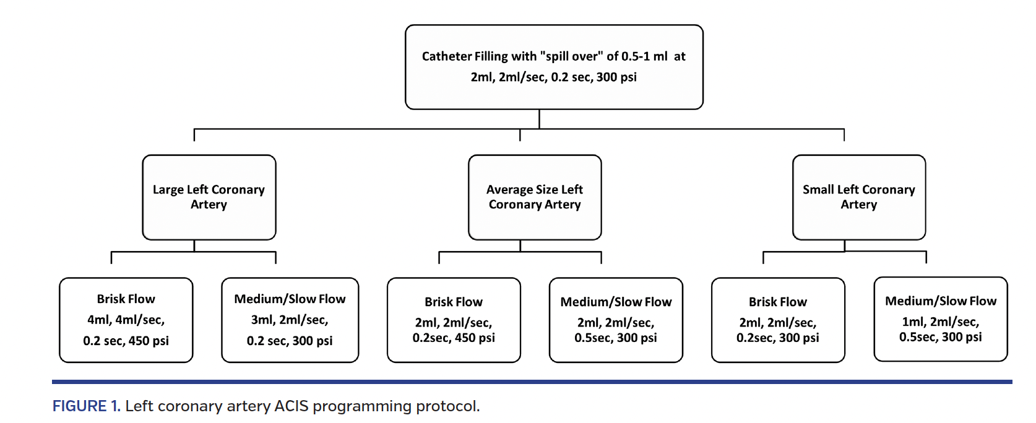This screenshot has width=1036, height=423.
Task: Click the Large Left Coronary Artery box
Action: [x=209, y=197]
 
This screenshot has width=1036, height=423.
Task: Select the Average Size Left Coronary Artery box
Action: [x=535, y=197]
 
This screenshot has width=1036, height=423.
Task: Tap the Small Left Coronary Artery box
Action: [x=858, y=197]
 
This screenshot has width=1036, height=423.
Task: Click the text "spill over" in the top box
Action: [x=571, y=56]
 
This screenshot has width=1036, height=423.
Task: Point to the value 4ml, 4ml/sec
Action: [x=126, y=320]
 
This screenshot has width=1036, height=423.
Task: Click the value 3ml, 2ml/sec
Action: [x=290, y=320]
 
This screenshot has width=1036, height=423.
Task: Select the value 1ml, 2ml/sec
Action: [x=940, y=322]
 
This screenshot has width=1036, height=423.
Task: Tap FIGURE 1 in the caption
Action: [x=86, y=406]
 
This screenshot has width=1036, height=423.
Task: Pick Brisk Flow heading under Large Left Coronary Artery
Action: [x=126, y=299]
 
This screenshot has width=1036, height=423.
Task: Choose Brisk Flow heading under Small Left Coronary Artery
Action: [x=777, y=302]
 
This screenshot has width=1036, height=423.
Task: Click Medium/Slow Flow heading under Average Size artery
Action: [x=616, y=302]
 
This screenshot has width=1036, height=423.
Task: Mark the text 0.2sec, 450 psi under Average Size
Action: [x=454, y=338]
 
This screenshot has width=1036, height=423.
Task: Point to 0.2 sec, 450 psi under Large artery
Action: [x=126, y=341]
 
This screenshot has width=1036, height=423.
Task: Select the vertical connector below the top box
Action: [x=539, y=119]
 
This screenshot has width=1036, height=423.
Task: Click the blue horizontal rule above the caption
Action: [x=532, y=382]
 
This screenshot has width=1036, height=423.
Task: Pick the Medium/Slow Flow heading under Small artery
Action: [x=940, y=301]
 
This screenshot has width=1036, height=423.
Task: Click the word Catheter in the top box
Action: [x=446, y=56]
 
